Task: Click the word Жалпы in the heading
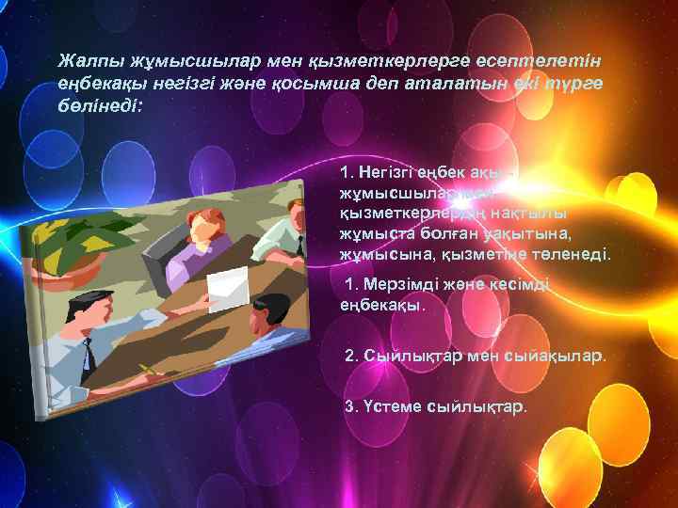tap(83, 61)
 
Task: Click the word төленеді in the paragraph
tap(575, 255)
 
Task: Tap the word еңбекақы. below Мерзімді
tap(381, 305)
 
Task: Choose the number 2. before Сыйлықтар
tap(353, 357)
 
